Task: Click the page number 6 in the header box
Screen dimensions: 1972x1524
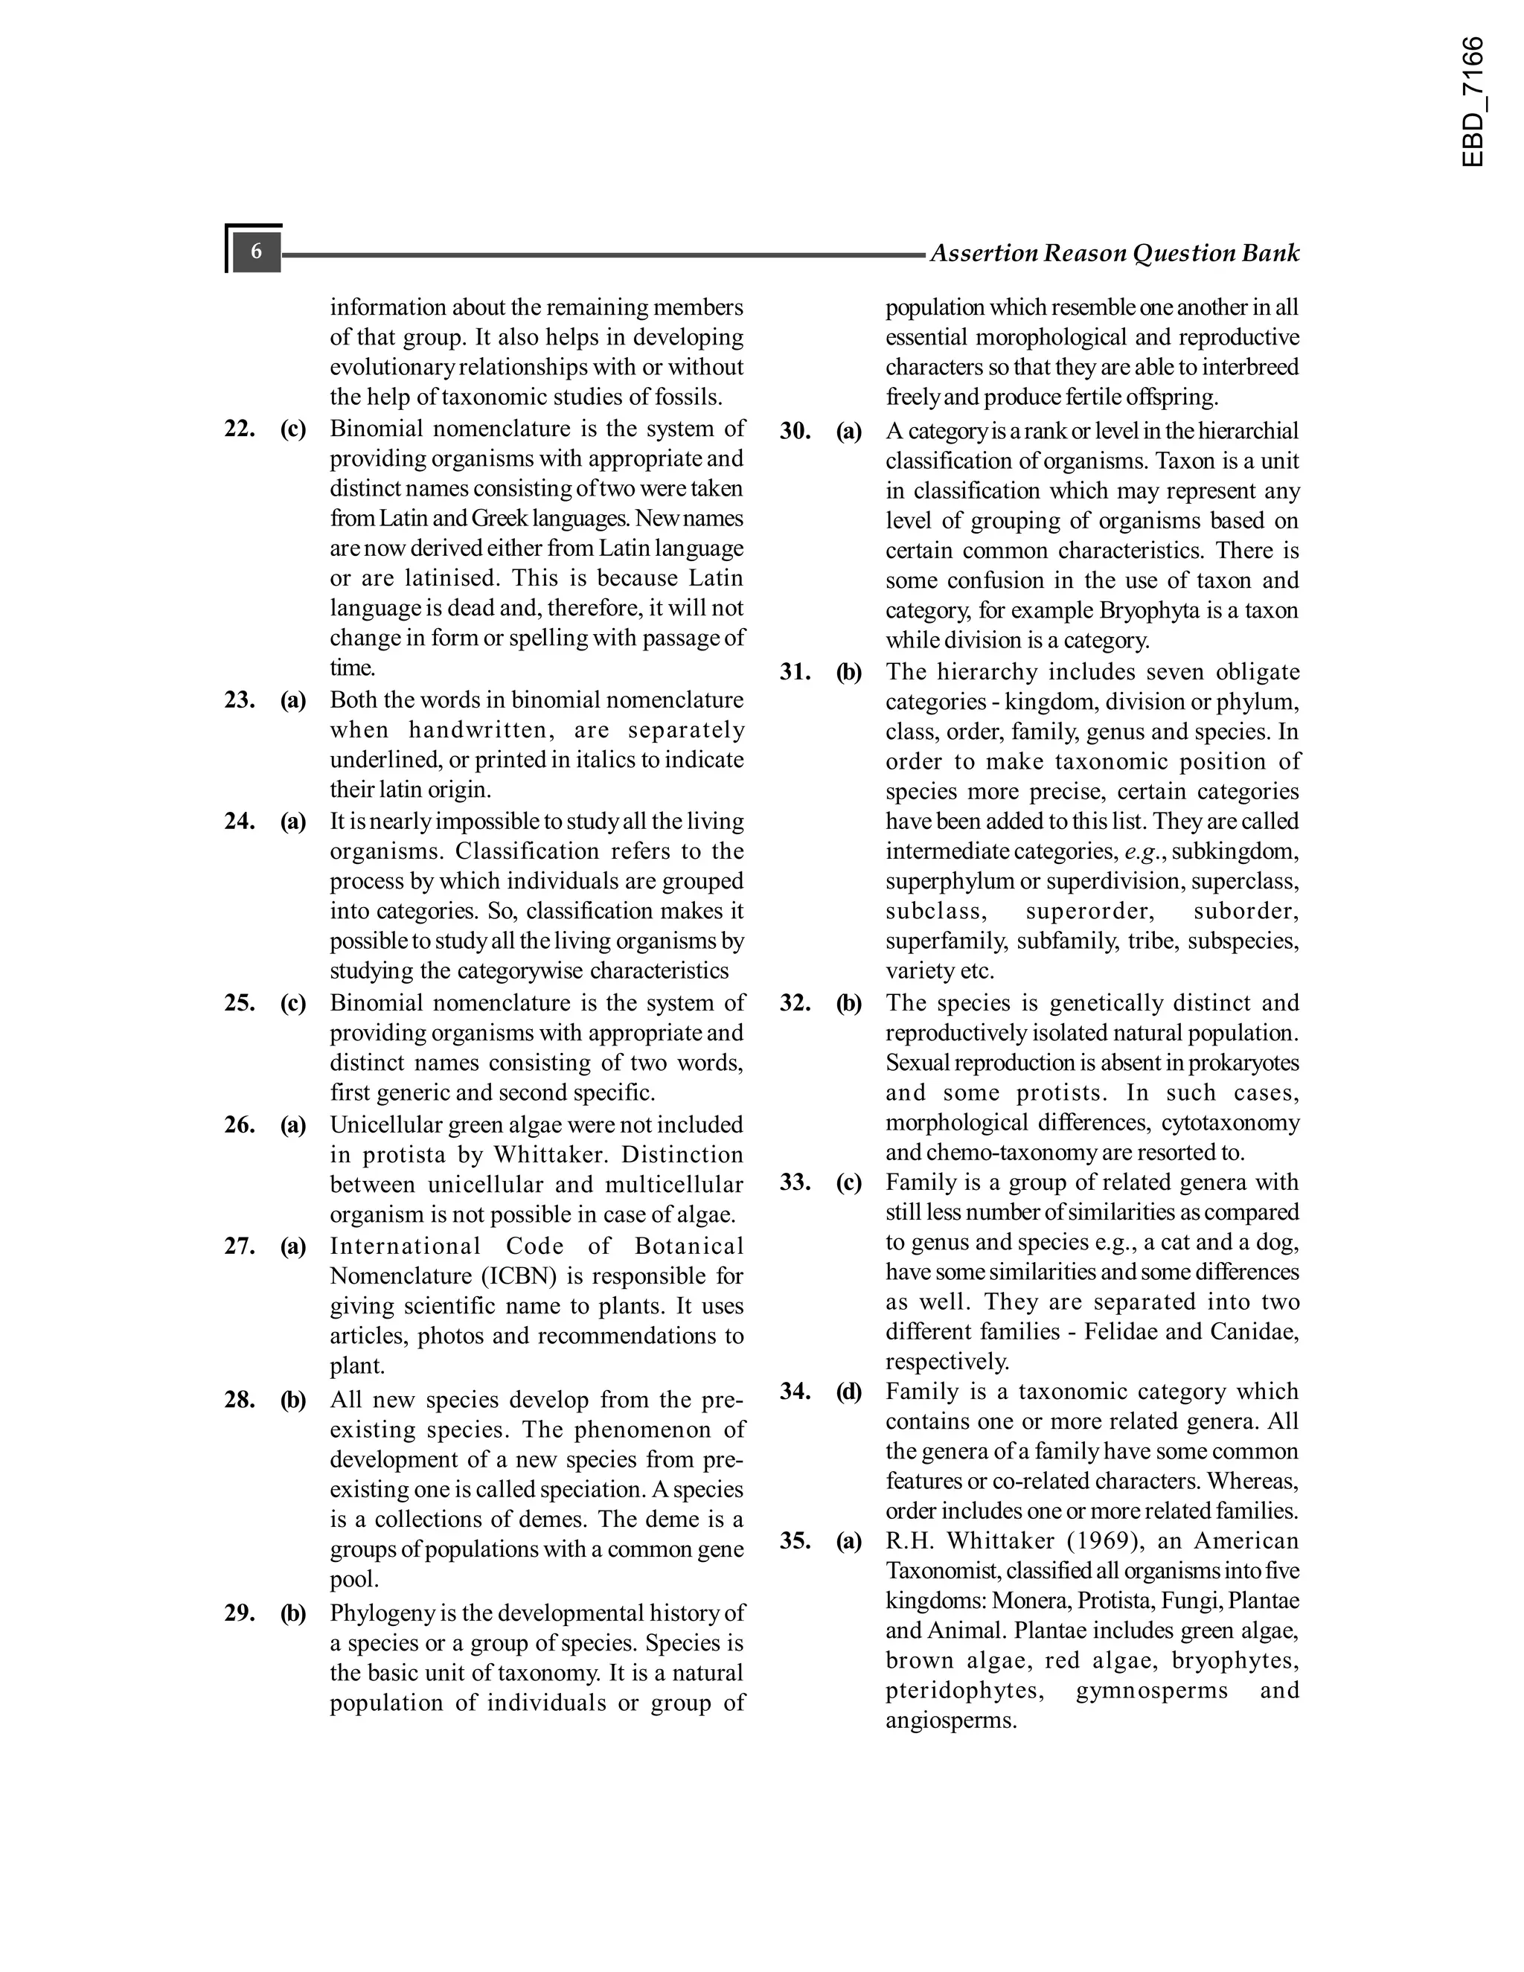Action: tap(257, 251)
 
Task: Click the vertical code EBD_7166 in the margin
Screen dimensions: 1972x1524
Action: tap(1472, 101)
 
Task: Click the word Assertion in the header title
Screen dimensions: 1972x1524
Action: tap(983, 254)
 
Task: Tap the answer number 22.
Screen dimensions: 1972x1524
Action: tap(240, 429)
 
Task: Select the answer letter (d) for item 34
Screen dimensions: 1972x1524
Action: tap(848, 1392)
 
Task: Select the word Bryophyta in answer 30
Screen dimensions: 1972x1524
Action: tap(1142, 611)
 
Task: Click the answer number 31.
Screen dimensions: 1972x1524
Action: tap(795, 673)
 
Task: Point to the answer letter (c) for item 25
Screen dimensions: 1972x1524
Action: tap(292, 1003)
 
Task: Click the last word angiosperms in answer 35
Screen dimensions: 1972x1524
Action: tap(951, 1721)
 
